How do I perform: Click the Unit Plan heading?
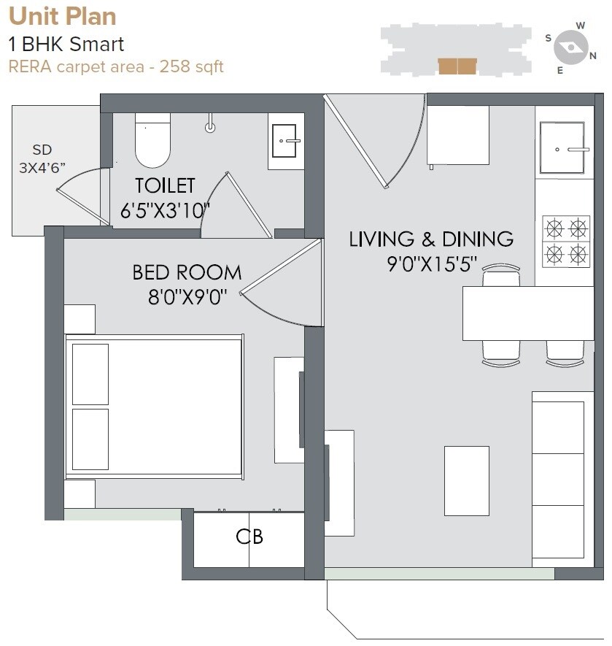coord(62,16)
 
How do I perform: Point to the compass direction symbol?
coord(570,48)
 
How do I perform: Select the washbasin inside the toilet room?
coord(286,142)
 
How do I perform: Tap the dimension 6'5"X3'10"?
coord(165,212)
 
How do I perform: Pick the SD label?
coord(42,150)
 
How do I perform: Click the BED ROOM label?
coord(187,273)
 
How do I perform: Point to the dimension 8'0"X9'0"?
coord(187,297)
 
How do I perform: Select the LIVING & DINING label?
coord(431,239)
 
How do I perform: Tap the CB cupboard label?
coord(249,537)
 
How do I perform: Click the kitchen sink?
coord(562,148)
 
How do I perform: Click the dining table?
coord(528,313)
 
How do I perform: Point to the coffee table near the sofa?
coord(467,480)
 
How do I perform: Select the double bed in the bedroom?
coord(154,407)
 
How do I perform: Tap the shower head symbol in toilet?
coord(211,126)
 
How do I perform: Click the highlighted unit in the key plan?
coord(457,66)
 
